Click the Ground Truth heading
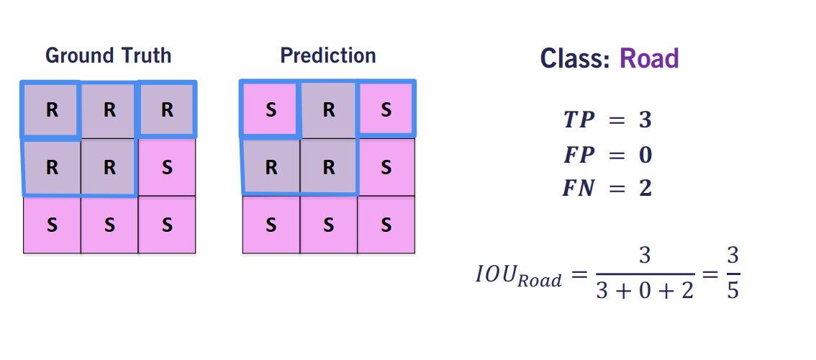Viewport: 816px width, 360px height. [x=108, y=55]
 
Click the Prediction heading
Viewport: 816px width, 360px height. [x=328, y=55]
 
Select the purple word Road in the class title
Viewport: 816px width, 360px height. [x=649, y=58]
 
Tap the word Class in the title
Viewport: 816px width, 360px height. [x=576, y=58]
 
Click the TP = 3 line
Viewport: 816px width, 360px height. [x=607, y=120]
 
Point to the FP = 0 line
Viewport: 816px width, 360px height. [x=607, y=155]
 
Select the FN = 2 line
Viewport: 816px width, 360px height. [x=607, y=189]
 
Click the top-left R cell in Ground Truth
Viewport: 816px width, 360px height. [x=52, y=110]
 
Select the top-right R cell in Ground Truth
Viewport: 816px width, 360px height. [x=167, y=110]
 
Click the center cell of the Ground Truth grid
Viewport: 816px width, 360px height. [x=109, y=167]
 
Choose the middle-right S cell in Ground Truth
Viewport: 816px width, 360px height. [x=167, y=167]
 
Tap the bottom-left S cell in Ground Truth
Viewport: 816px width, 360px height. [x=52, y=225]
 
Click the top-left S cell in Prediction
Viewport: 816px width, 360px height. [x=271, y=110]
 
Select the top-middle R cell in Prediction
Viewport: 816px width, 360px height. [x=328, y=110]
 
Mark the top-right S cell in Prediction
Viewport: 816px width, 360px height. [x=386, y=110]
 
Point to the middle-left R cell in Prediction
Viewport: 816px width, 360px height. [x=271, y=167]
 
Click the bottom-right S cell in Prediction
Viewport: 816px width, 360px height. [x=386, y=225]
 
